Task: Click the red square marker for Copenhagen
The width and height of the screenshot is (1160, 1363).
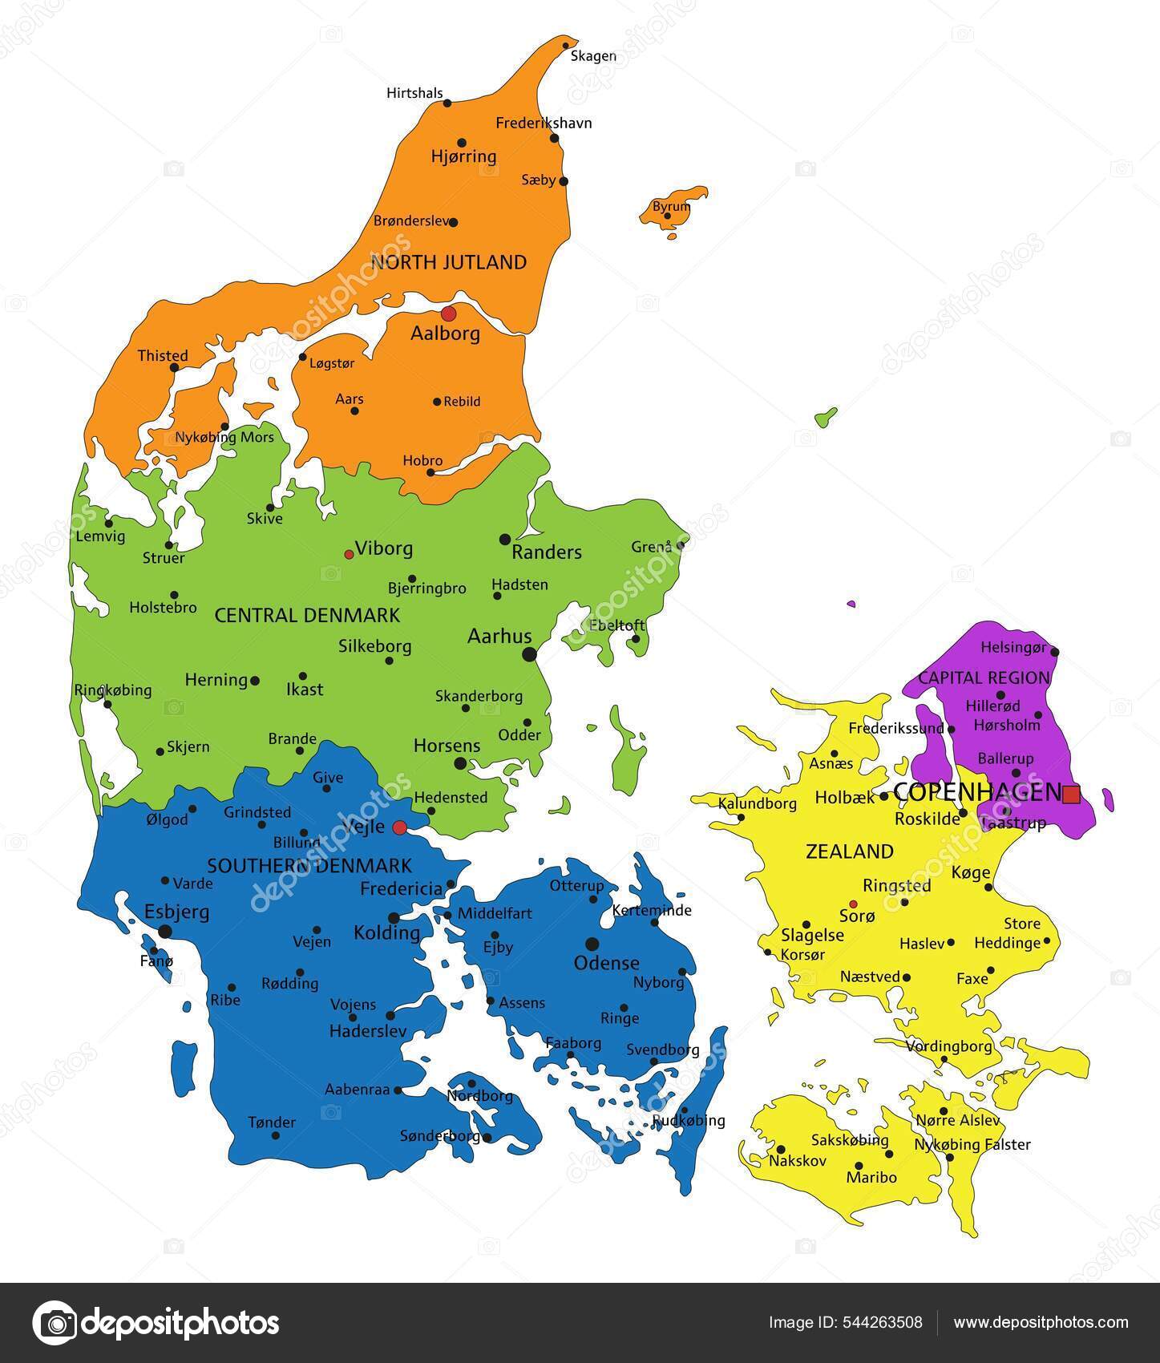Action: point(1071,795)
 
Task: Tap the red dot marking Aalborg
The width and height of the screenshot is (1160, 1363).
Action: point(448,313)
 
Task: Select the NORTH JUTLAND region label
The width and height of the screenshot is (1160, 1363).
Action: point(448,262)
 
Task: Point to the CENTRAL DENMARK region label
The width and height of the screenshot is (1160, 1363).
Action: point(307,615)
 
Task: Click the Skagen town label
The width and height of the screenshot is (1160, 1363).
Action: point(593,56)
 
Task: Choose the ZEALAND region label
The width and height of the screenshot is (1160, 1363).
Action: point(849,851)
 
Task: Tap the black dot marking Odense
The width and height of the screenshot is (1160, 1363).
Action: point(592,944)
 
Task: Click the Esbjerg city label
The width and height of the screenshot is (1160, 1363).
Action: point(176,912)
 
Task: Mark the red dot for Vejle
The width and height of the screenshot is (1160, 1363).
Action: point(399,827)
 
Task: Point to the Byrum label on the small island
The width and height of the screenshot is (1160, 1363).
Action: point(671,207)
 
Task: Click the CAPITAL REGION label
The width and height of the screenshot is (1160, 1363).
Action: point(984,677)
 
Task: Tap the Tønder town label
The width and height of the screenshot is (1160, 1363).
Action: point(272,1122)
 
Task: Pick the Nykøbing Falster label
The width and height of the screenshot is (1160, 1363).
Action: point(972,1144)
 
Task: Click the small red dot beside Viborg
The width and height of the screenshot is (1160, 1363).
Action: point(349,554)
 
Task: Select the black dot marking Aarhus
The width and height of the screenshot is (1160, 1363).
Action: point(529,654)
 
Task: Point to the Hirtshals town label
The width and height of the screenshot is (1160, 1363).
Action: point(414,93)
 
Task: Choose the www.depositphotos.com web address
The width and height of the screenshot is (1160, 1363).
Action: point(1041,1323)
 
